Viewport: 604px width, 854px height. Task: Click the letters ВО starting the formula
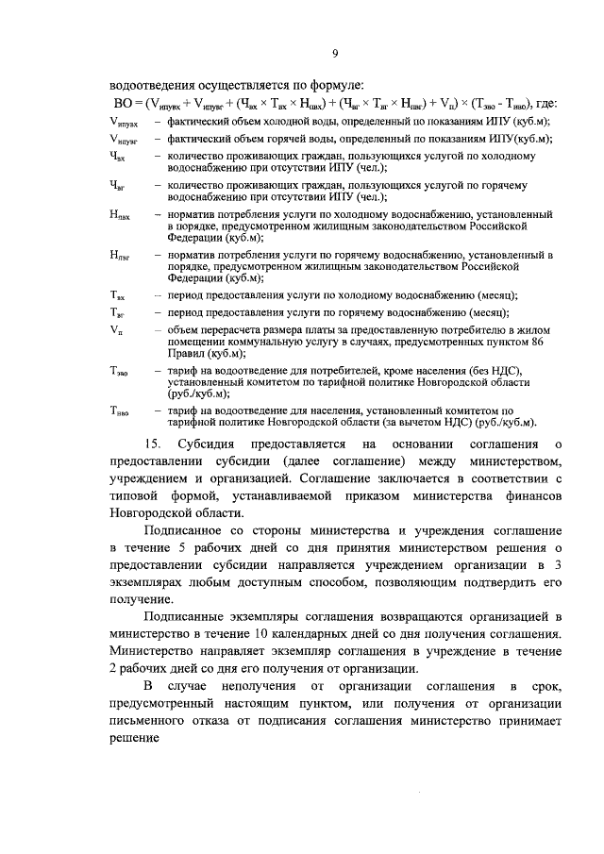click(x=120, y=105)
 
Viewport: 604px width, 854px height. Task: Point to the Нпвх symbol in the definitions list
click(x=120, y=216)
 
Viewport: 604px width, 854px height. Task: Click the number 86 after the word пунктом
click(x=537, y=342)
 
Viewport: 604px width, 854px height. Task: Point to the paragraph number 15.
click(x=150, y=444)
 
